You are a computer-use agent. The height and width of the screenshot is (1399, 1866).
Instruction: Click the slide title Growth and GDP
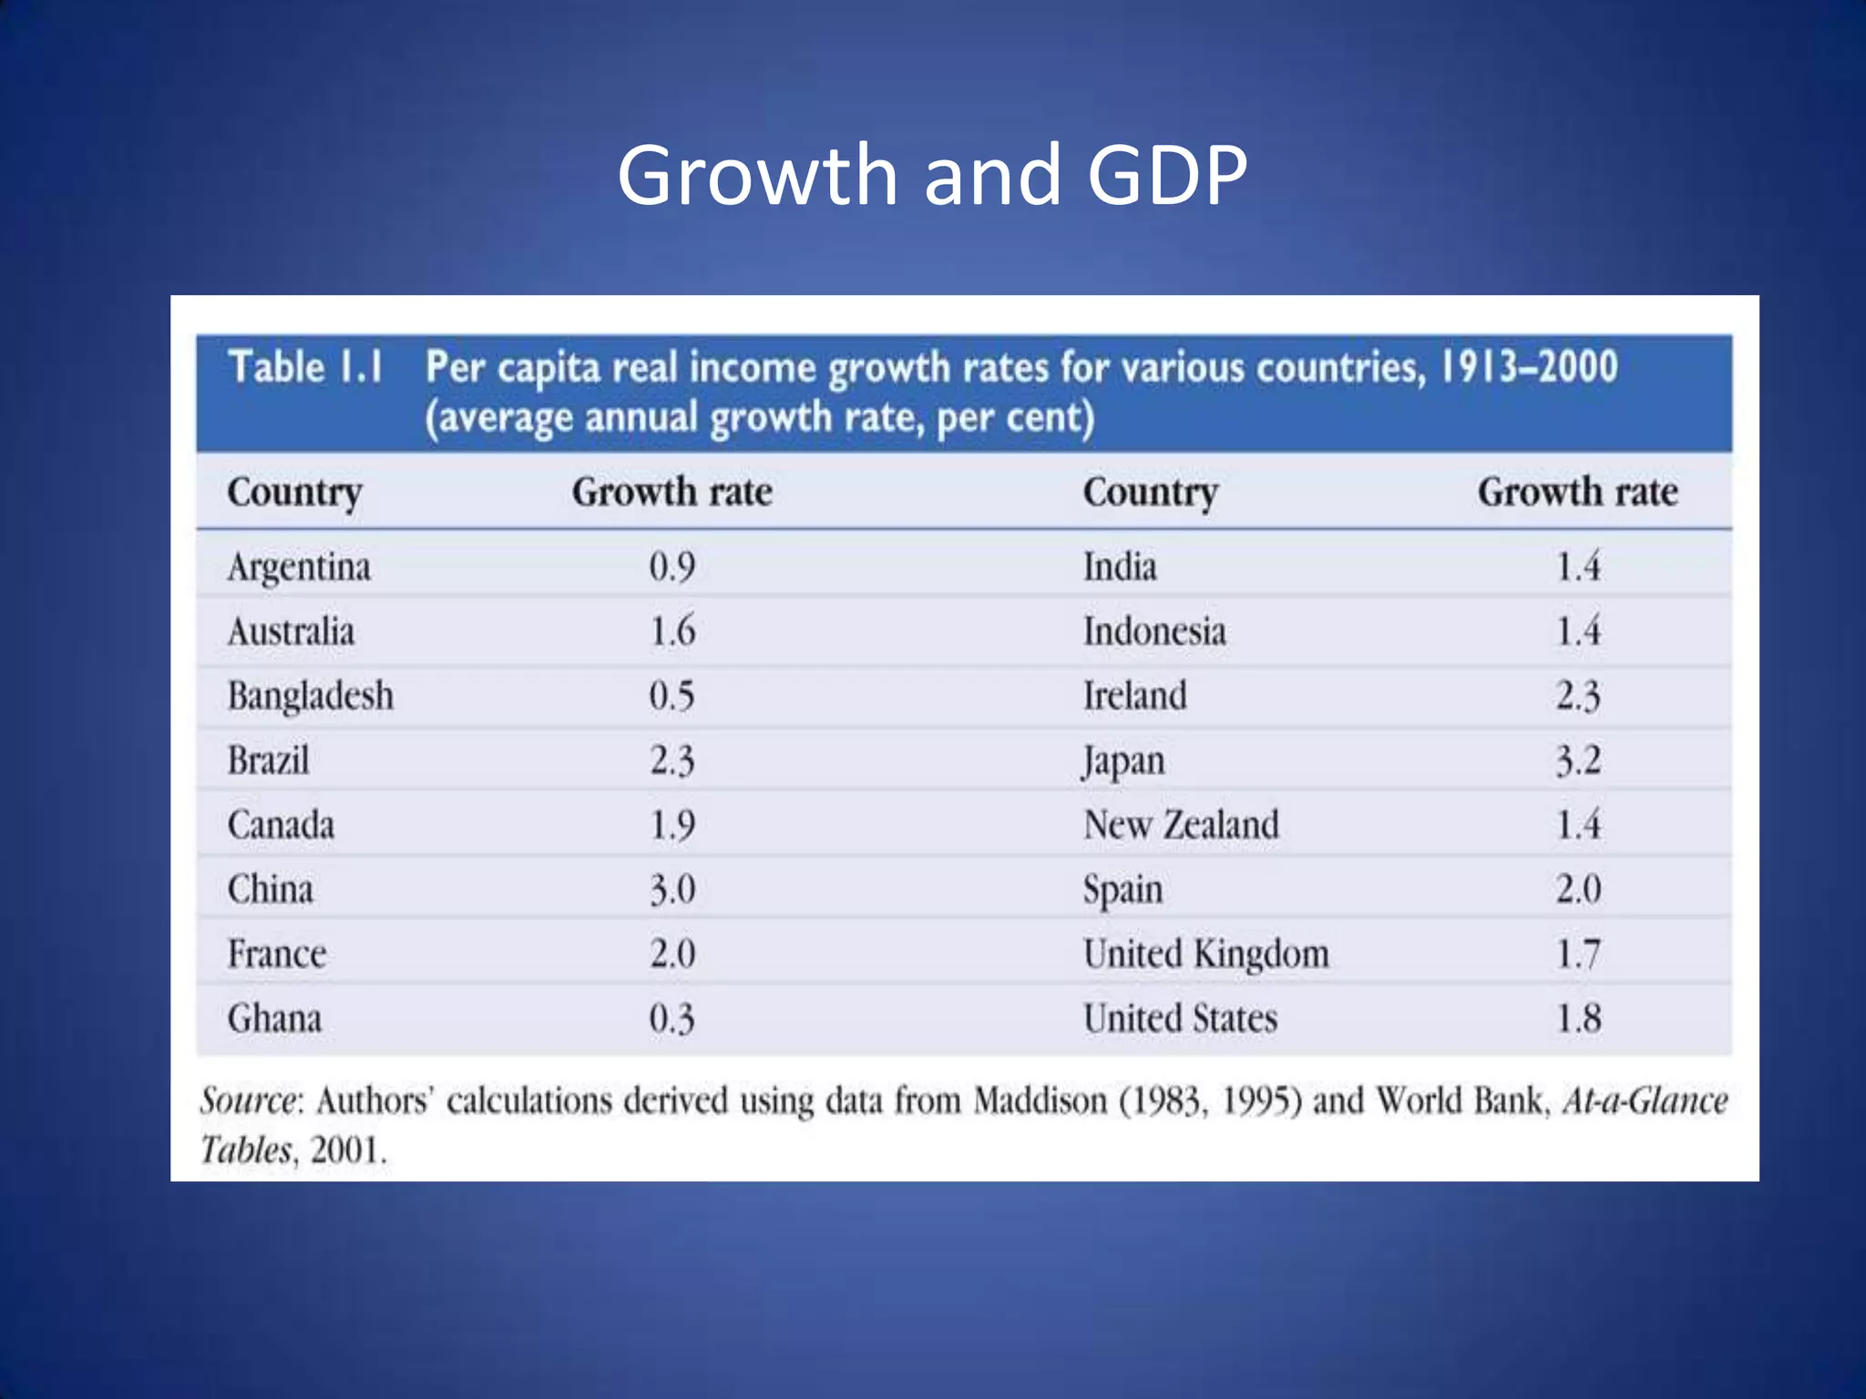pyautogui.click(x=931, y=175)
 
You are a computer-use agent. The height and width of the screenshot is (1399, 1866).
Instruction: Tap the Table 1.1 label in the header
pyautogui.click(x=305, y=367)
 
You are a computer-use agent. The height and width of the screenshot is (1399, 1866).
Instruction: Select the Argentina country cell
pyautogui.click(x=299, y=567)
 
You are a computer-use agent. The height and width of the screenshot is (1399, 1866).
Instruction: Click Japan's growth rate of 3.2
pyautogui.click(x=1578, y=761)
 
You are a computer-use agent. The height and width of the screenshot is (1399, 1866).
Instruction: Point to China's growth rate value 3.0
pyautogui.click(x=672, y=889)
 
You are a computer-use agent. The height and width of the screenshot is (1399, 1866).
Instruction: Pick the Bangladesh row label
pyautogui.click(x=310, y=697)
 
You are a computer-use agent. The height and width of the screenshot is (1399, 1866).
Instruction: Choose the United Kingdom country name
pyautogui.click(x=1205, y=955)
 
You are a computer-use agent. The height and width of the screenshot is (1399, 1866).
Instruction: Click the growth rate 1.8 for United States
pyautogui.click(x=1578, y=1018)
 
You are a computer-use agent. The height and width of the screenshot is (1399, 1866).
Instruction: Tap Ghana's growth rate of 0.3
pyautogui.click(x=672, y=1018)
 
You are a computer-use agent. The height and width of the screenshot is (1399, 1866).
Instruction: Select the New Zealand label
pyautogui.click(x=1181, y=825)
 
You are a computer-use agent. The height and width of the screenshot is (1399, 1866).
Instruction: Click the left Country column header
pyautogui.click(x=294, y=493)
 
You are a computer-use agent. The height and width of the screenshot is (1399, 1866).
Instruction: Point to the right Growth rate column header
pyautogui.click(x=1577, y=493)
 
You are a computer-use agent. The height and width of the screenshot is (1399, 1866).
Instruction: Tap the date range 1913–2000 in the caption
pyautogui.click(x=1528, y=367)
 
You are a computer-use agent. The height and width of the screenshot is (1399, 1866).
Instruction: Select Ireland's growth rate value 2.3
pyautogui.click(x=1578, y=697)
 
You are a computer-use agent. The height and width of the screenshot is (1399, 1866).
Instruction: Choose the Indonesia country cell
pyautogui.click(x=1154, y=632)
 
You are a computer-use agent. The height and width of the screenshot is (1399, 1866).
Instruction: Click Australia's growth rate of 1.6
pyautogui.click(x=672, y=632)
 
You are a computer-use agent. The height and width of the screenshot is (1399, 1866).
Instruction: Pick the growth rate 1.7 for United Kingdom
pyautogui.click(x=1578, y=955)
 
